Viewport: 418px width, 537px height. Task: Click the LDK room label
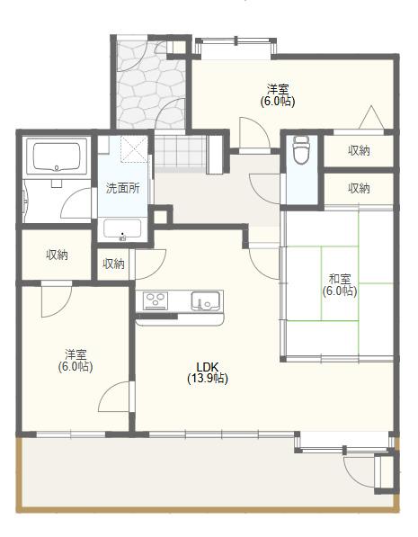point(207,366)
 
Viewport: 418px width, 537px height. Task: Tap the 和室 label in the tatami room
point(339,278)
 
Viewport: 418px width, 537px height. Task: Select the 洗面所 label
point(122,189)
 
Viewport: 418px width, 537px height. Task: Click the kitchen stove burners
point(155,300)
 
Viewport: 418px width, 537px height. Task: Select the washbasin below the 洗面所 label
point(121,229)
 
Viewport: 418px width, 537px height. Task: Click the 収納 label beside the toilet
point(359,150)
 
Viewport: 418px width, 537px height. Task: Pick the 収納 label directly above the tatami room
point(359,188)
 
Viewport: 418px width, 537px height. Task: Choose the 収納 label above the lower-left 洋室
point(57,255)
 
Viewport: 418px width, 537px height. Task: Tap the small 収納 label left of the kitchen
point(113,264)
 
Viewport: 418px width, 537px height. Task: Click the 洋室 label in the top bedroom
point(278,88)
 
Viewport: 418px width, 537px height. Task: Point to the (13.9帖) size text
point(208,379)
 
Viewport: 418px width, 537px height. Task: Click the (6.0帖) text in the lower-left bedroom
point(76,366)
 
